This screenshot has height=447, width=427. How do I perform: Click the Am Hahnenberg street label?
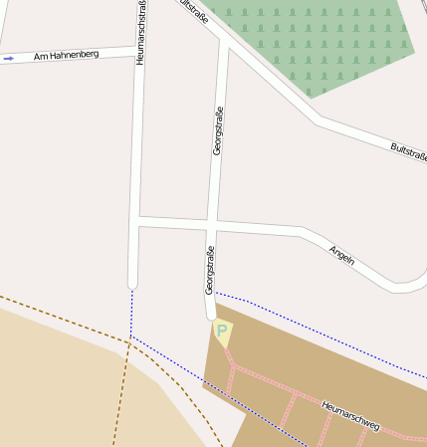point(67,56)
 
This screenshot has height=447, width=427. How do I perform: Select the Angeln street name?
point(341,256)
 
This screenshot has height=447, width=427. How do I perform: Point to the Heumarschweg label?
point(350,416)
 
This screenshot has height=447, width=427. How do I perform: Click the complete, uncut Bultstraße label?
point(408,151)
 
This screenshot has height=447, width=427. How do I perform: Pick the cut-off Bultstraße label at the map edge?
point(194,12)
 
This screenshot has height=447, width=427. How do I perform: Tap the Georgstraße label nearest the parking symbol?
point(210,269)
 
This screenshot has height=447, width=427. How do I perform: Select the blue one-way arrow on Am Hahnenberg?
point(9,59)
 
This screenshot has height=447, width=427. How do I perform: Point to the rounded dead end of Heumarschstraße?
point(132,284)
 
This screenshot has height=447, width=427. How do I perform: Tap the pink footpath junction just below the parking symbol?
point(232,367)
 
